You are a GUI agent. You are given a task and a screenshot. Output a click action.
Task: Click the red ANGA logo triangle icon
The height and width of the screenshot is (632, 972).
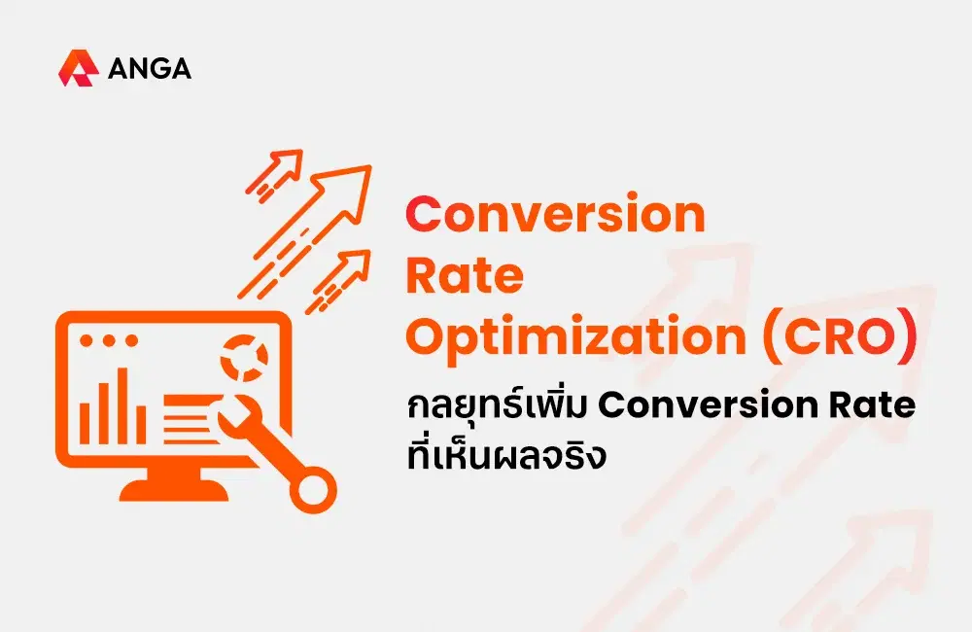77,69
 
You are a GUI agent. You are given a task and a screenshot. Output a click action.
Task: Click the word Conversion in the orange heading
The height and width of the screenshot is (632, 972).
555,215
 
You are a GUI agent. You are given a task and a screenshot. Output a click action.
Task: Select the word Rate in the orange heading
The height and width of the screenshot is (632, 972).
465,276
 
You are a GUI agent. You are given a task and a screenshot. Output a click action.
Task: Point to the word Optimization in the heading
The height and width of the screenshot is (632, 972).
574,338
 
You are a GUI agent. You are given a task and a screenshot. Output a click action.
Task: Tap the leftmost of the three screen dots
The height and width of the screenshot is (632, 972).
86,341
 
